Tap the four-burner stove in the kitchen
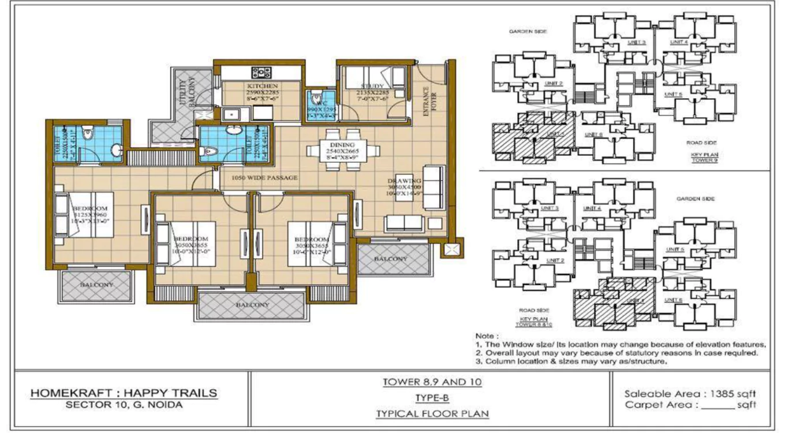(261, 73)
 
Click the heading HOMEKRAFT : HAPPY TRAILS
(124, 393)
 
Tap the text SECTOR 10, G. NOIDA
(124, 405)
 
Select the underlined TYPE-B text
(432, 398)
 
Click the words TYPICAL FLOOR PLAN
(432, 414)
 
